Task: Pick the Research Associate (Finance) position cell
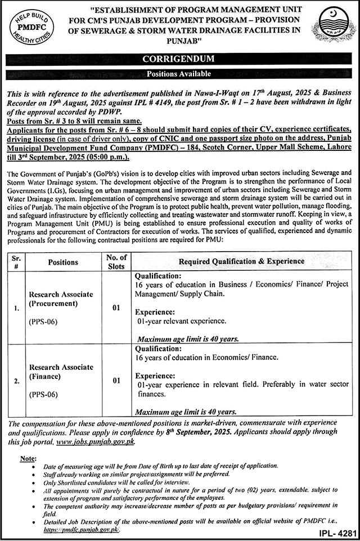click(62, 372)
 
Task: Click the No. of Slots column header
click(116, 262)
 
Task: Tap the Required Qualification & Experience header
click(241, 262)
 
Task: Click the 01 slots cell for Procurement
click(116, 308)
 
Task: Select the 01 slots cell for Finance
click(116, 381)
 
